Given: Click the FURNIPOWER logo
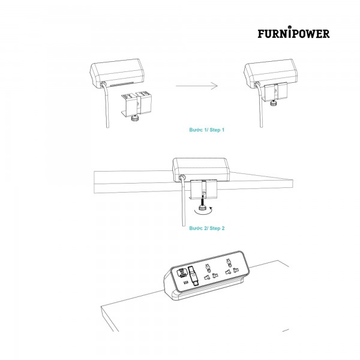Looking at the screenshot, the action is (293, 32).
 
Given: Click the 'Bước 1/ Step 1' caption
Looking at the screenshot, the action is (206, 130).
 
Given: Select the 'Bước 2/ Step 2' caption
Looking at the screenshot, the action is (207, 228).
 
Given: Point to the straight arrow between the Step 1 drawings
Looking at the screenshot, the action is (197, 86).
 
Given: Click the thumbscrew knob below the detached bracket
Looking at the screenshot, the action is (134, 119).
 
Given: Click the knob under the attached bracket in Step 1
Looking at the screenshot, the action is (273, 103).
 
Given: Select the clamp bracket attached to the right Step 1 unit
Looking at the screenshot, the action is (275, 91).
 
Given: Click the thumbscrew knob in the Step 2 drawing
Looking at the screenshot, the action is (203, 208).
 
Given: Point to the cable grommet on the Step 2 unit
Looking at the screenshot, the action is (182, 178).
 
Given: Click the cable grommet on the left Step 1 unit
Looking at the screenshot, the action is (103, 83).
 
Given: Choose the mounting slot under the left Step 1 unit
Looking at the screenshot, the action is (122, 85).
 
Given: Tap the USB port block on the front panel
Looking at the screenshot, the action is (182, 273).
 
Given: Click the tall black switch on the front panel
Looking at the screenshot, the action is (192, 276).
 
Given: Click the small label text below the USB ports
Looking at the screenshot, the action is (186, 283).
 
